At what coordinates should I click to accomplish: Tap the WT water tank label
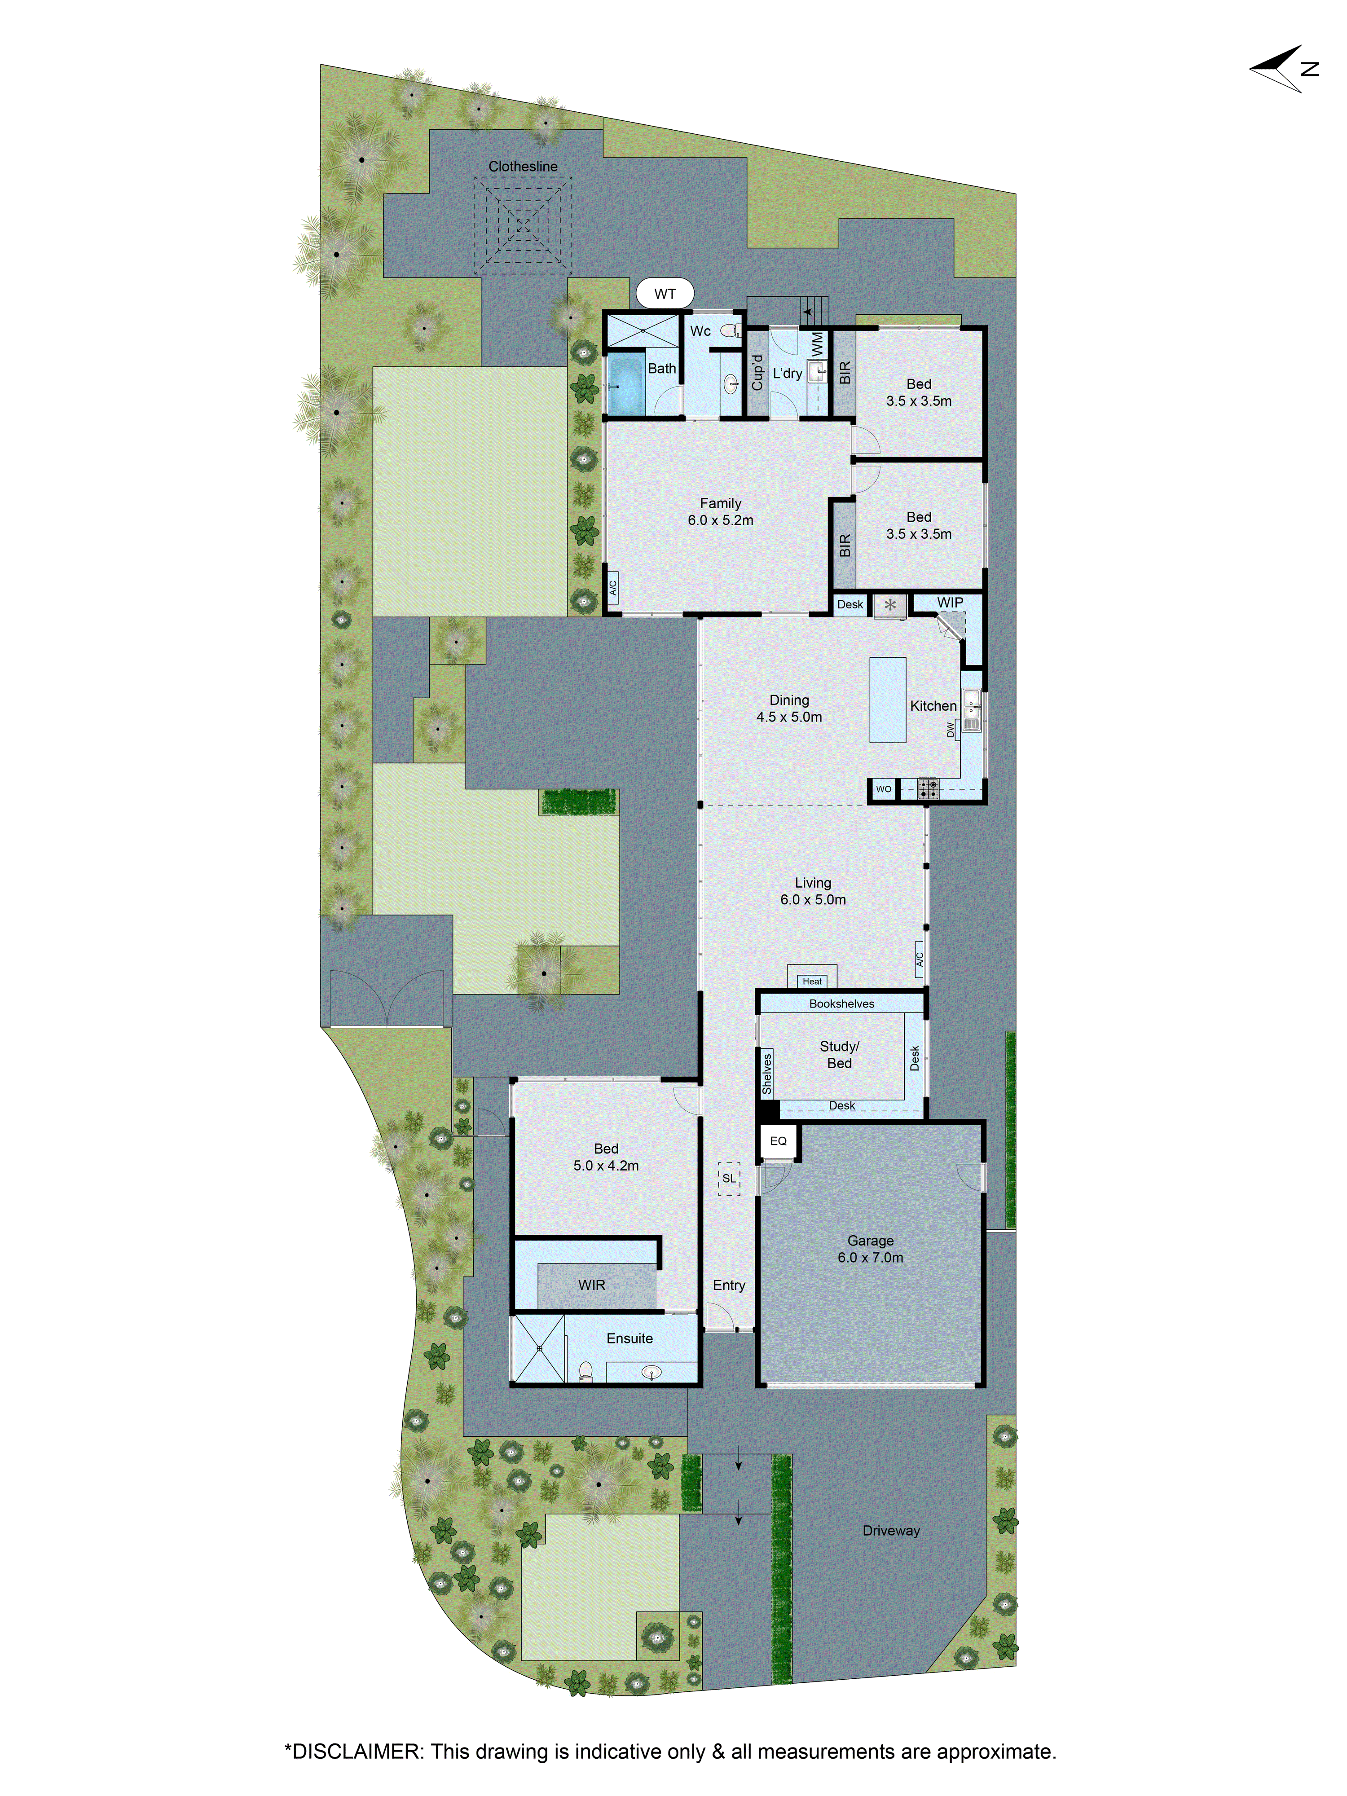[x=664, y=294]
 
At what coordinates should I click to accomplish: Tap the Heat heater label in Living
[x=812, y=981]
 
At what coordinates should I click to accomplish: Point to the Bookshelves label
[x=841, y=1004]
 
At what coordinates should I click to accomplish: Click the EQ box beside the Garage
[x=778, y=1141]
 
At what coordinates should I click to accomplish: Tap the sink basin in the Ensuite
[x=651, y=1372]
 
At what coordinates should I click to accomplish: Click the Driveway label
[x=891, y=1531]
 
